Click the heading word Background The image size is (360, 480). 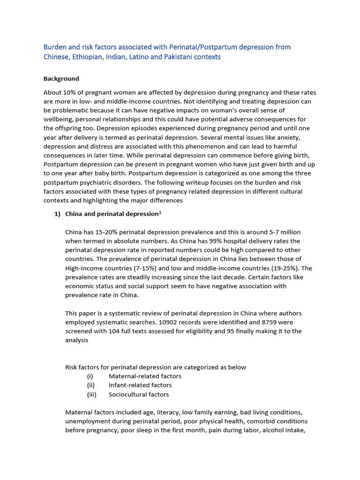[x=61, y=79]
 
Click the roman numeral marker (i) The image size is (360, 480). [x=90, y=376]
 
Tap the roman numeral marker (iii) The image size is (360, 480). [x=91, y=394]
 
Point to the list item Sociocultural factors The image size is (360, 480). [x=139, y=394]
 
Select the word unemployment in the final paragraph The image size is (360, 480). [x=87, y=421]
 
